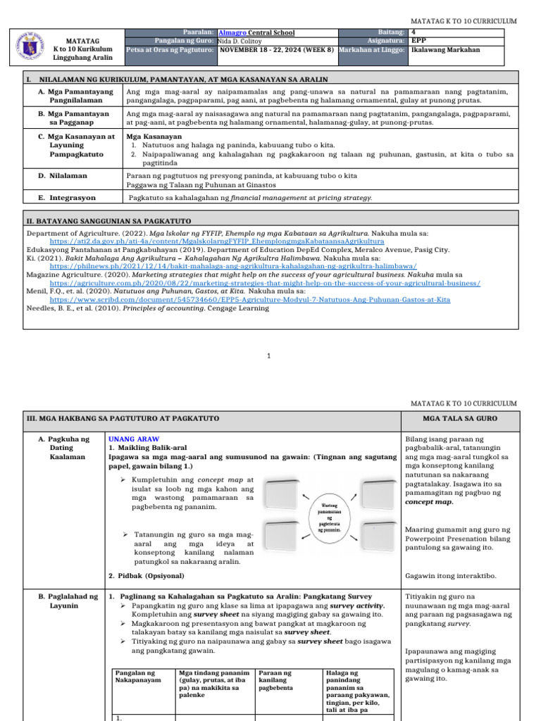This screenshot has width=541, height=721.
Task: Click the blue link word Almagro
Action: click(232, 32)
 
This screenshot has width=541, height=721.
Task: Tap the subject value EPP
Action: click(418, 41)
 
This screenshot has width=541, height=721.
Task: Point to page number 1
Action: click(268, 356)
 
